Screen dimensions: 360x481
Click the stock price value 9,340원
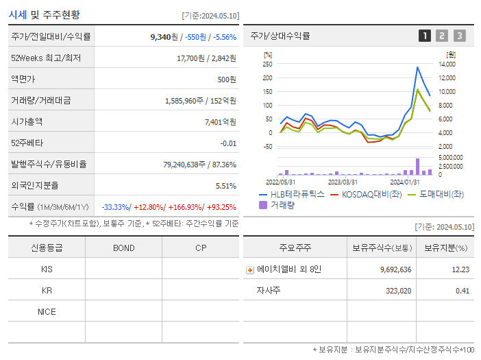click(x=164, y=37)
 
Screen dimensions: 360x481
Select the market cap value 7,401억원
click(x=220, y=121)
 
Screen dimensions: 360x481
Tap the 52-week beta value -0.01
click(x=228, y=143)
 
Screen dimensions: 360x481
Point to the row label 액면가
click(x=23, y=80)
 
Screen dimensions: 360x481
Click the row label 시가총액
click(x=27, y=121)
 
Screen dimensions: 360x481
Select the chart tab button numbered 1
click(x=425, y=36)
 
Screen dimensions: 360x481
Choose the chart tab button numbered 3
click(x=459, y=36)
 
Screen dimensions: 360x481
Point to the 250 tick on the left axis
click(x=267, y=64)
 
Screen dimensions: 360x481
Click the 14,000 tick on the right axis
click(x=447, y=64)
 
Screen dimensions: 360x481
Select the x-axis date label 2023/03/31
click(x=343, y=182)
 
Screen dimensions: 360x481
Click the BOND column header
click(x=123, y=248)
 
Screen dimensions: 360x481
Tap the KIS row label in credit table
click(x=47, y=269)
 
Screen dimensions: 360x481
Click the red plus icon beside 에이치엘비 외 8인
click(x=250, y=269)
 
